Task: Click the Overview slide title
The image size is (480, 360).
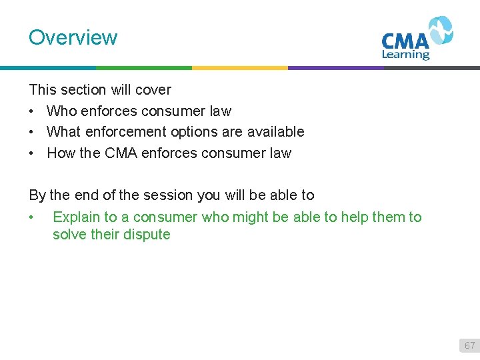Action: pyautogui.click(x=73, y=37)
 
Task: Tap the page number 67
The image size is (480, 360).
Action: pyautogui.click(x=469, y=345)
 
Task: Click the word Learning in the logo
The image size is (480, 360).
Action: pyautogui.click(x=405, y=55)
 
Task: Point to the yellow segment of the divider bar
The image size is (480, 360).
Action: pyautogui.click(x=239, y=67)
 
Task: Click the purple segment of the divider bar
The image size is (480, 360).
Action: pyautogui.click(x=335, y=67)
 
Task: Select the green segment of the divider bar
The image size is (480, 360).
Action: pyautogui.click(x=143, y=67)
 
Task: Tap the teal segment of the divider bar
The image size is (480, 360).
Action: pyautogui.click(x=47, y=67)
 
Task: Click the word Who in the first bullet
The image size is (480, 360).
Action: pyautogui.click(x=61, y=111)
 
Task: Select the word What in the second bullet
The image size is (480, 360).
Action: pyautogui.click(x=63, y=132)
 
